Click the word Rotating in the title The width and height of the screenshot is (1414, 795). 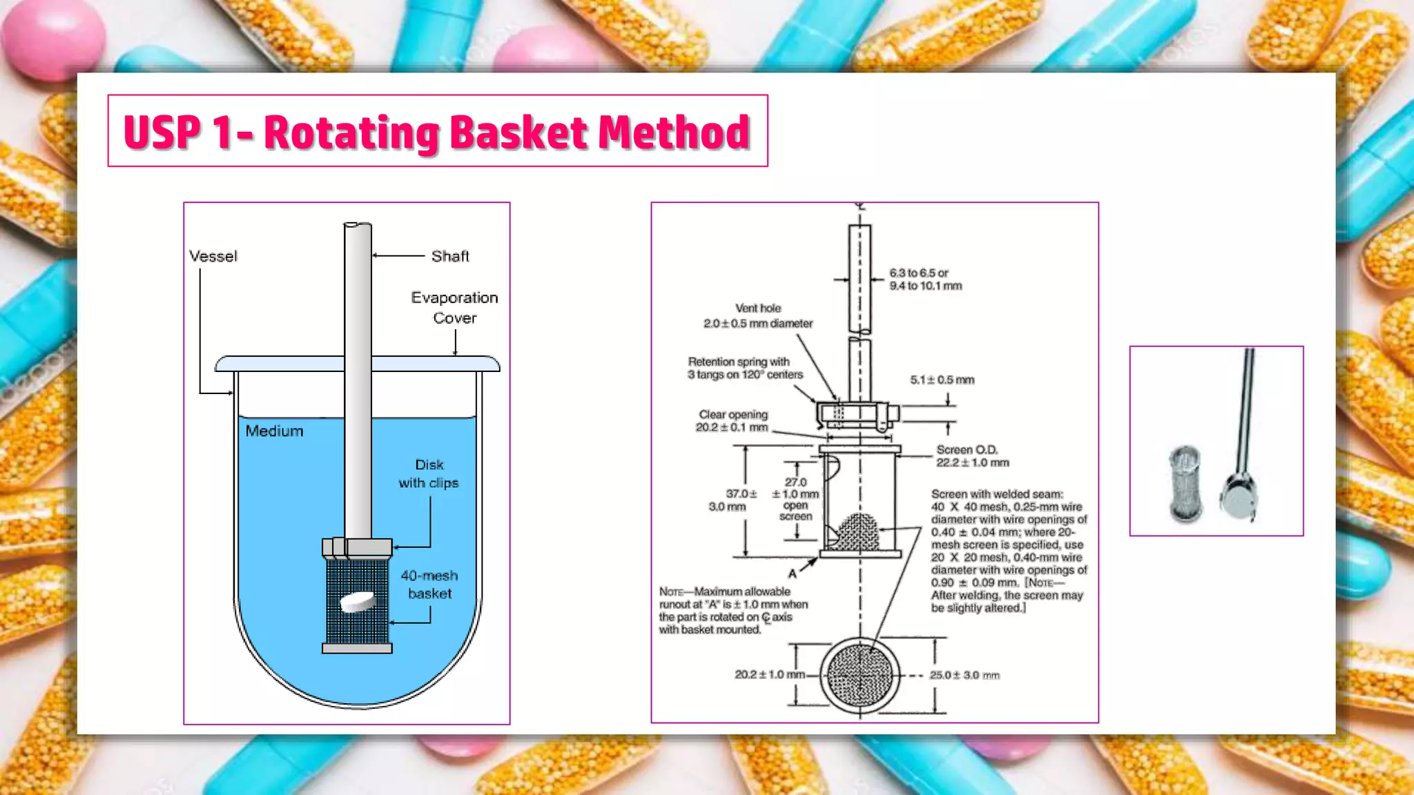coord(352,132)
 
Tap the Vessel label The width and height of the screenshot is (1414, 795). coord(213,256)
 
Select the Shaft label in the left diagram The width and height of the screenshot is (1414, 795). coord(450,256)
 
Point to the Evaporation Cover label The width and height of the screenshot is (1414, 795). coord(454,308)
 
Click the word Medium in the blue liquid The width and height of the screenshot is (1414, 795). coord(274,431)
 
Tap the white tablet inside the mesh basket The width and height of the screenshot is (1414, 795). coord(358,601)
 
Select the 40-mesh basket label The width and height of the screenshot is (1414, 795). coord(429,585)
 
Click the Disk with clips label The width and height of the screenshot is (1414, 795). coord(428,474)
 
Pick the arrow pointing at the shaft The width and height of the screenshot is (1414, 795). coord(399,255)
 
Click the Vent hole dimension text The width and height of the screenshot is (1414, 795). coord(757,316)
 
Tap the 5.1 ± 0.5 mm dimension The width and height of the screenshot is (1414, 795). coord(942,380)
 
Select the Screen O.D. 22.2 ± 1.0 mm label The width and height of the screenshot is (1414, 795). coord(972,456)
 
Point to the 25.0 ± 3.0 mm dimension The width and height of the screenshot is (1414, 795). coord(964,675)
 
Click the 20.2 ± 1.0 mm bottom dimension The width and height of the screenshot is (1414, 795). coord(769,674)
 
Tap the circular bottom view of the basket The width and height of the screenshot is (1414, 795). coord(860,675)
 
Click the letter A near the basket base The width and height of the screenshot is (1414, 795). coord(792,573)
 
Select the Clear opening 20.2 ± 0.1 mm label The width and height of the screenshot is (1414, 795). coord(732,421)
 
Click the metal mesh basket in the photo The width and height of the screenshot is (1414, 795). coord(1185,483)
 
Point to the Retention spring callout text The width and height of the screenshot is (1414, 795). coord(744,368)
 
